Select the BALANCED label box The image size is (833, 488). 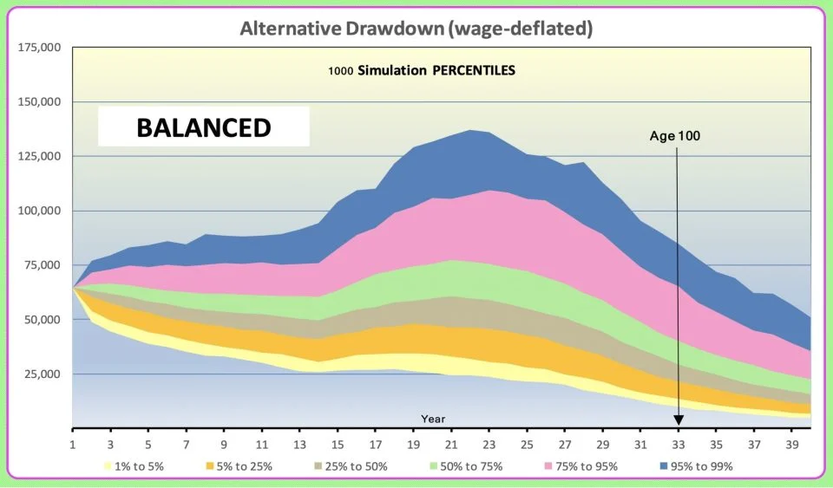pyautogui.click(x=203, y=127)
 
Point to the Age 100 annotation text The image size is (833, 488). pyautogui.click(x=674, y=135)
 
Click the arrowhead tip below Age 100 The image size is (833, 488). pyautogui.click(x=678, y=424)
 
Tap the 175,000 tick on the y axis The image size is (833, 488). pyautogui.click(x=39, y=47)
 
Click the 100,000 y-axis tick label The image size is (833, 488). pyautogui.click(x=39, y=211)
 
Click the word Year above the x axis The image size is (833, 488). pyautogui.click(x=433, y=419)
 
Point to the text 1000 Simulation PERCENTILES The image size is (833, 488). pyautogui.click(x=421, y=71)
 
